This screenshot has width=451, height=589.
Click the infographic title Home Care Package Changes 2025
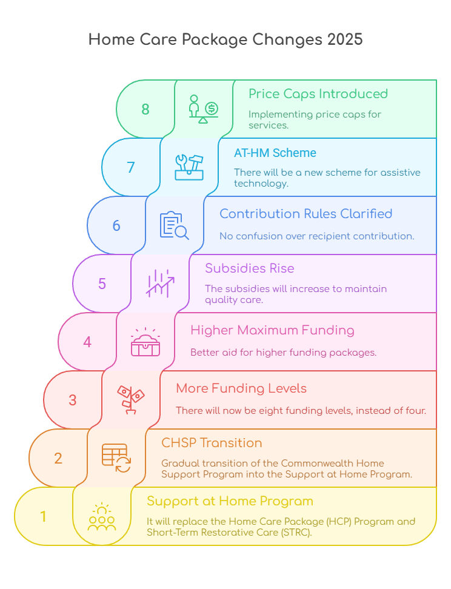(225, 40)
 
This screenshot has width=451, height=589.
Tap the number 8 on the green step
(145, 110)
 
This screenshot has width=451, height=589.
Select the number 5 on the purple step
(102, 284)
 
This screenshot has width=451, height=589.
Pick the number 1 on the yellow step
(43, 517)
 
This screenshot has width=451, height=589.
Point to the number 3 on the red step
(73, 400)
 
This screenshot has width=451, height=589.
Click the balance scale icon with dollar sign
(203, 109)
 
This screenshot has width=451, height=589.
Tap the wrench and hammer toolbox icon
(189, 167)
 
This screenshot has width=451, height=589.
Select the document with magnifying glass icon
(174, 225)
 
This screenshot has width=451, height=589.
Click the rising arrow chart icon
(160, 283)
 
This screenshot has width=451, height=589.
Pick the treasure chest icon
(145, 342)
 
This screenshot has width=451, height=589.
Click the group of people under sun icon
(102, 517)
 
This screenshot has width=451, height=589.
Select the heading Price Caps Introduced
(318, 94)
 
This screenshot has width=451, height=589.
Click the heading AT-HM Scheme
(275, 153)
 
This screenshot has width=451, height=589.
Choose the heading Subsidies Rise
(250, 268)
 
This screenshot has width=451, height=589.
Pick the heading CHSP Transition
(212, 443)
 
